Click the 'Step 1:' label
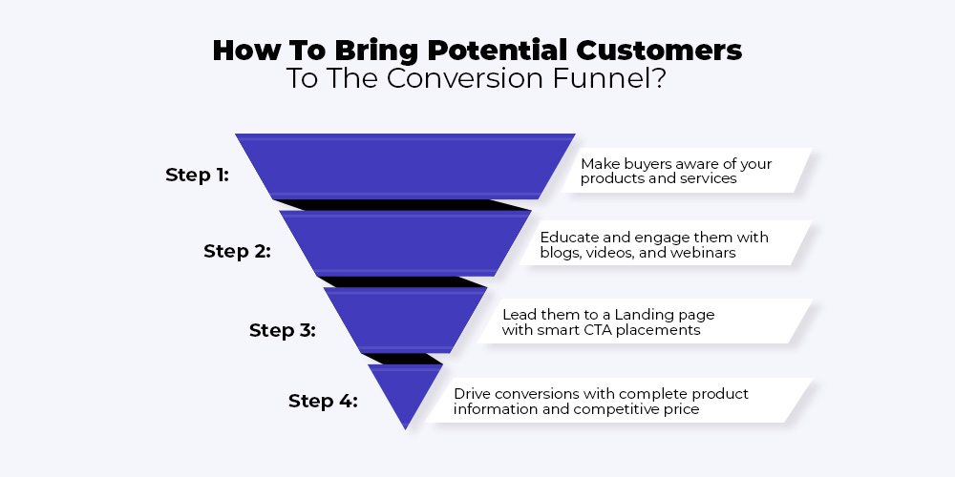click(x=198, y=176)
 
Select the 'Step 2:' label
click(x=237, y=251)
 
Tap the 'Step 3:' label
click(x=283, y=330)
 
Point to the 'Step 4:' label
click(x=323, y=401)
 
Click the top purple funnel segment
click(x=405, y=166)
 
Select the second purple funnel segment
click(x=405, y=243)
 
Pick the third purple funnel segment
click(x=405, y=320)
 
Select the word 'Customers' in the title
click(x=659, y=51)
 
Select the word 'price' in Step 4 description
click(x=682, y=409)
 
